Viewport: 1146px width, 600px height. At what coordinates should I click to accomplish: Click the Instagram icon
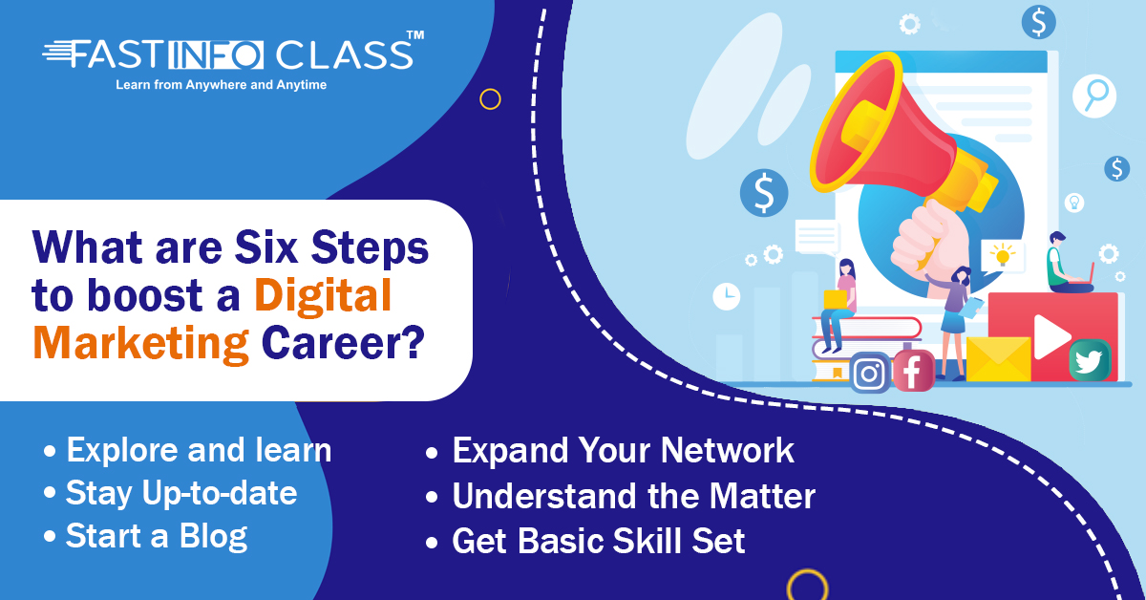tap(870, 373)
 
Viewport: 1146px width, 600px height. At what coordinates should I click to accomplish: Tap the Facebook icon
tap(914, 371)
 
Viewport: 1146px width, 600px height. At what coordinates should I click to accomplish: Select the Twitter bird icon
tap(1090, 360)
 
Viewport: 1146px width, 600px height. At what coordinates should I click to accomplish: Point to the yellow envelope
tap(998, 359)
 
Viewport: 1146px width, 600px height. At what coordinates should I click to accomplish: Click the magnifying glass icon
tap(1094, 96)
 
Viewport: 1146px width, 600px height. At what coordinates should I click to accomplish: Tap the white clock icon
tap(727, 296)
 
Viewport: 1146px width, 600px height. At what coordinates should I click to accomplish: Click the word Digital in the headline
tap(323, 295)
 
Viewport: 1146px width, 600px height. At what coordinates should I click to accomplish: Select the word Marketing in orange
tap(141, 343)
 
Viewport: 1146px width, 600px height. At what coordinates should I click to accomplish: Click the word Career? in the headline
tap(343, 342)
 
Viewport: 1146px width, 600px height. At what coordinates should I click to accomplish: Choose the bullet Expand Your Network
tap(623, 451)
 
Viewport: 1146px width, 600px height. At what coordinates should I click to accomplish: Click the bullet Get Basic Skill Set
tap(599, 541)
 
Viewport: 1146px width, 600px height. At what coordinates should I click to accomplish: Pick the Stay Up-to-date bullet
tap(181, 493)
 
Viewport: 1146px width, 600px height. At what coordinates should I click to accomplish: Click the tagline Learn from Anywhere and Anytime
tap(221, 84)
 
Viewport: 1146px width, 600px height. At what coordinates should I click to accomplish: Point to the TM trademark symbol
tap(414, 35)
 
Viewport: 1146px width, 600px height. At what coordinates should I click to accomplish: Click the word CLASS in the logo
tap(345, 54)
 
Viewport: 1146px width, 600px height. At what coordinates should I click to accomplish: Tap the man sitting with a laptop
tap(1069, 263)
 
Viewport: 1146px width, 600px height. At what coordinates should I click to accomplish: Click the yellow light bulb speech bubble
tap(1003, 255)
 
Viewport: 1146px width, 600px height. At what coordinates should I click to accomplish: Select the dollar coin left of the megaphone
tap(764, 193)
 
